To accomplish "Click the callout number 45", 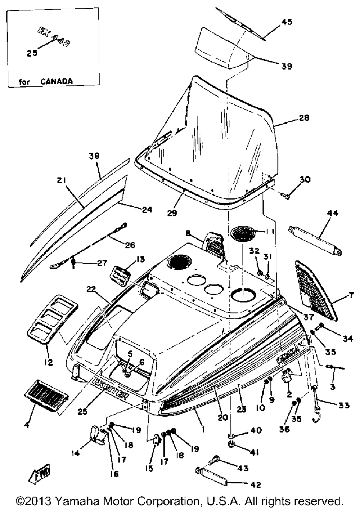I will [x=287, y=22].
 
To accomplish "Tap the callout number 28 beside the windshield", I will [x=304, y=118].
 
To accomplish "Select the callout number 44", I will [x=332, y=213].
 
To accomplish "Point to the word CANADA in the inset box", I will [x=56, y=81].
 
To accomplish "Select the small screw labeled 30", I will [x=286, y=196].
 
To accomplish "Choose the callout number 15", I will [x=149, y=468].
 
